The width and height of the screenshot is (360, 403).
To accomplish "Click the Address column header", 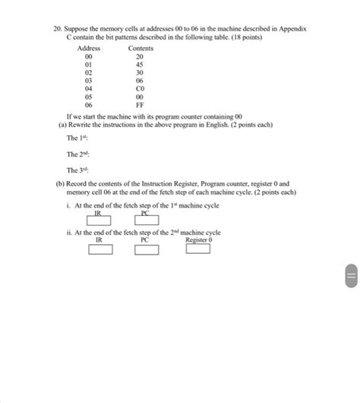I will click(89, 48).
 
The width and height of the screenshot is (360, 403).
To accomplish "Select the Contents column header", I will click(141, 48).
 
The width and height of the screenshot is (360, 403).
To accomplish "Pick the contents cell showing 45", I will click(140, 64).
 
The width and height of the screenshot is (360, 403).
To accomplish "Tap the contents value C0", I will click(140, 88).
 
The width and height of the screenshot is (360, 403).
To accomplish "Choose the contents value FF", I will click(140, 105).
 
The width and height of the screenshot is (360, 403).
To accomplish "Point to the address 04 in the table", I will click(89, 88).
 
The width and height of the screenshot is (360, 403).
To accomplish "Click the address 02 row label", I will click(89, 72).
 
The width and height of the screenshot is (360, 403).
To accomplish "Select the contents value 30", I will click(140, 72).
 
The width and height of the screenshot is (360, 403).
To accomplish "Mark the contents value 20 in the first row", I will click(140, 56).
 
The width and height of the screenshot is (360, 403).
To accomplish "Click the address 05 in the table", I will click(89, 97).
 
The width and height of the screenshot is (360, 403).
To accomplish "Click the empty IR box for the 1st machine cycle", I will click(99, 221).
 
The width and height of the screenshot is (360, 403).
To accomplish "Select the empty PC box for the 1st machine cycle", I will click(147, 221).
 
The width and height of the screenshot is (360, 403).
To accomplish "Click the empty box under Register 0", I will click(198, 248).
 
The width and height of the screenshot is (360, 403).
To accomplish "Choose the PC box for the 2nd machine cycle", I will click(147, 249).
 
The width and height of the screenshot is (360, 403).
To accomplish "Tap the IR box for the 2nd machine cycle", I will click(100, 249).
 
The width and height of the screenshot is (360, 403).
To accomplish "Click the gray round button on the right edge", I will click(350, 275).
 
